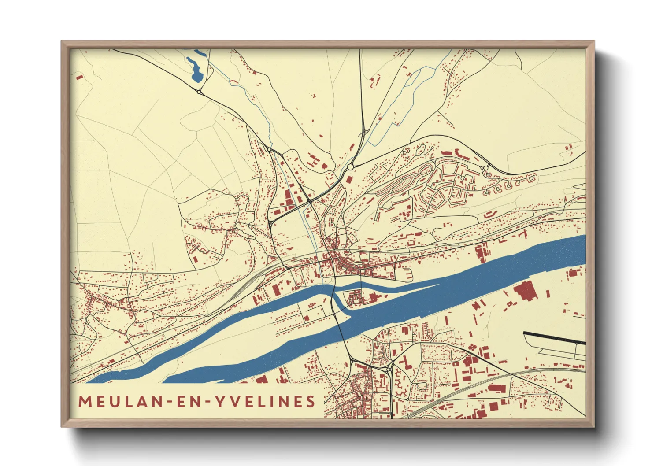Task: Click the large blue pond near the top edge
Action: (x=195, y=70)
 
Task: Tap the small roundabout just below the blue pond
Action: (x=199, y=92)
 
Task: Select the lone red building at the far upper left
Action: (x=79, y=77)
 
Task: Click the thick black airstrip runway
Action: (x=555, y=338)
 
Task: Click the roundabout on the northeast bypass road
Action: (x=486, y=168)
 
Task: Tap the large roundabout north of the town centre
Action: (x=350, y=167)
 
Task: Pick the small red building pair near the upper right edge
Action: (x=568, y=147)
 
